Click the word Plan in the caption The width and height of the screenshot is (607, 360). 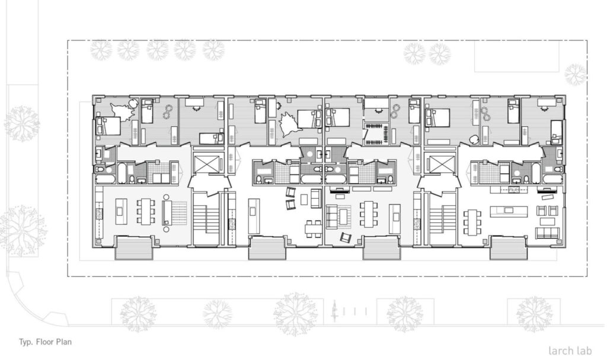click(x=64, y=342)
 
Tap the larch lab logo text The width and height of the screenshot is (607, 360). click(x=570, y=351)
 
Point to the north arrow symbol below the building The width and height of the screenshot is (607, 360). click(x=334, y=311)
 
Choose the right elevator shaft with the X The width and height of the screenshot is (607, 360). click(x=441, y=164)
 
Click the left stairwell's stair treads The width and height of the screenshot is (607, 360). click(x=206, y=220)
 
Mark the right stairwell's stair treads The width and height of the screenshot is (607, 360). click(x=442, y=220)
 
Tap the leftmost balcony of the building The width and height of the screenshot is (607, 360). click(x=133, y=249)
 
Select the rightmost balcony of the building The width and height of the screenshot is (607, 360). click(x=508, y=249)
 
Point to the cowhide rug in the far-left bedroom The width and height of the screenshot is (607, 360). click(x=123, y=111)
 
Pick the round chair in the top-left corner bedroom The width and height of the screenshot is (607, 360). click(x=133, y=104)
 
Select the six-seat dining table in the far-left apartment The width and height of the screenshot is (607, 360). click(x=146, y=211)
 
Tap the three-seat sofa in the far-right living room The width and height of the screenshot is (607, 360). click(x=547, y=233)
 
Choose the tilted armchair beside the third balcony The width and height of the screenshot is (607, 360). click(x=346, y=238)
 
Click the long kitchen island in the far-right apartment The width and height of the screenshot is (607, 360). click(x=508, y=211)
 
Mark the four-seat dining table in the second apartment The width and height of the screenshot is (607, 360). click(x=313, y=229)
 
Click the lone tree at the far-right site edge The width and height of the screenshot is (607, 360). click(x=575, y=74)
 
